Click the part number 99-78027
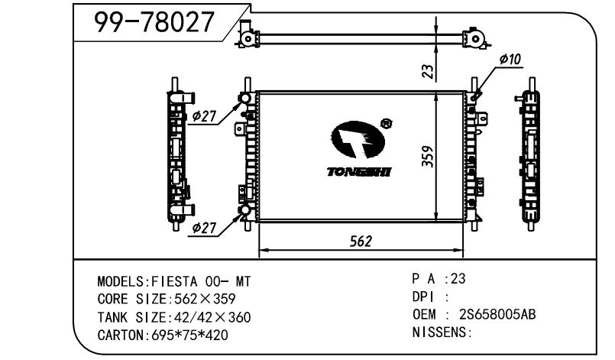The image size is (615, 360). [x=154, y=22]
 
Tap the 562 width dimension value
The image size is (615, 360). [x=361, y=242]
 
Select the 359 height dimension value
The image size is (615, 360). [x=428, y=157]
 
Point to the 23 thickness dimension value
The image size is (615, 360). [x=429, y=71]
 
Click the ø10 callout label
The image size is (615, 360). [x=510, y=60]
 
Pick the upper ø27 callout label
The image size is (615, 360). [x=204, y=116]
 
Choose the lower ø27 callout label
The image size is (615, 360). [x=204, y=228]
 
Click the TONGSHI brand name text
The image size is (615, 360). [x=359, y=171]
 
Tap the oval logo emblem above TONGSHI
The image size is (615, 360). [x=358, y=139]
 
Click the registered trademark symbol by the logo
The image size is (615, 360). [x=387, y=123]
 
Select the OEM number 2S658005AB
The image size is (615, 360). [x=497, y=314]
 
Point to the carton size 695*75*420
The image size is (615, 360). [x=189, y=335]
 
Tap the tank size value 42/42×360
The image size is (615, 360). [x=209, y=317]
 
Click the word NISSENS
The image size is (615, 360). [x=439, y=332]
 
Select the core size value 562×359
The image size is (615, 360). [x=205, y=299]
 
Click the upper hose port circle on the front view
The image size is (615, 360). [x=244, y=97]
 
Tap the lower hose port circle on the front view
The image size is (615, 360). [x=244, y=210]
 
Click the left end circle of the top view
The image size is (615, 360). [x=248, y=38]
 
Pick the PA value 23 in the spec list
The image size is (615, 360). [x=458, y=278]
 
